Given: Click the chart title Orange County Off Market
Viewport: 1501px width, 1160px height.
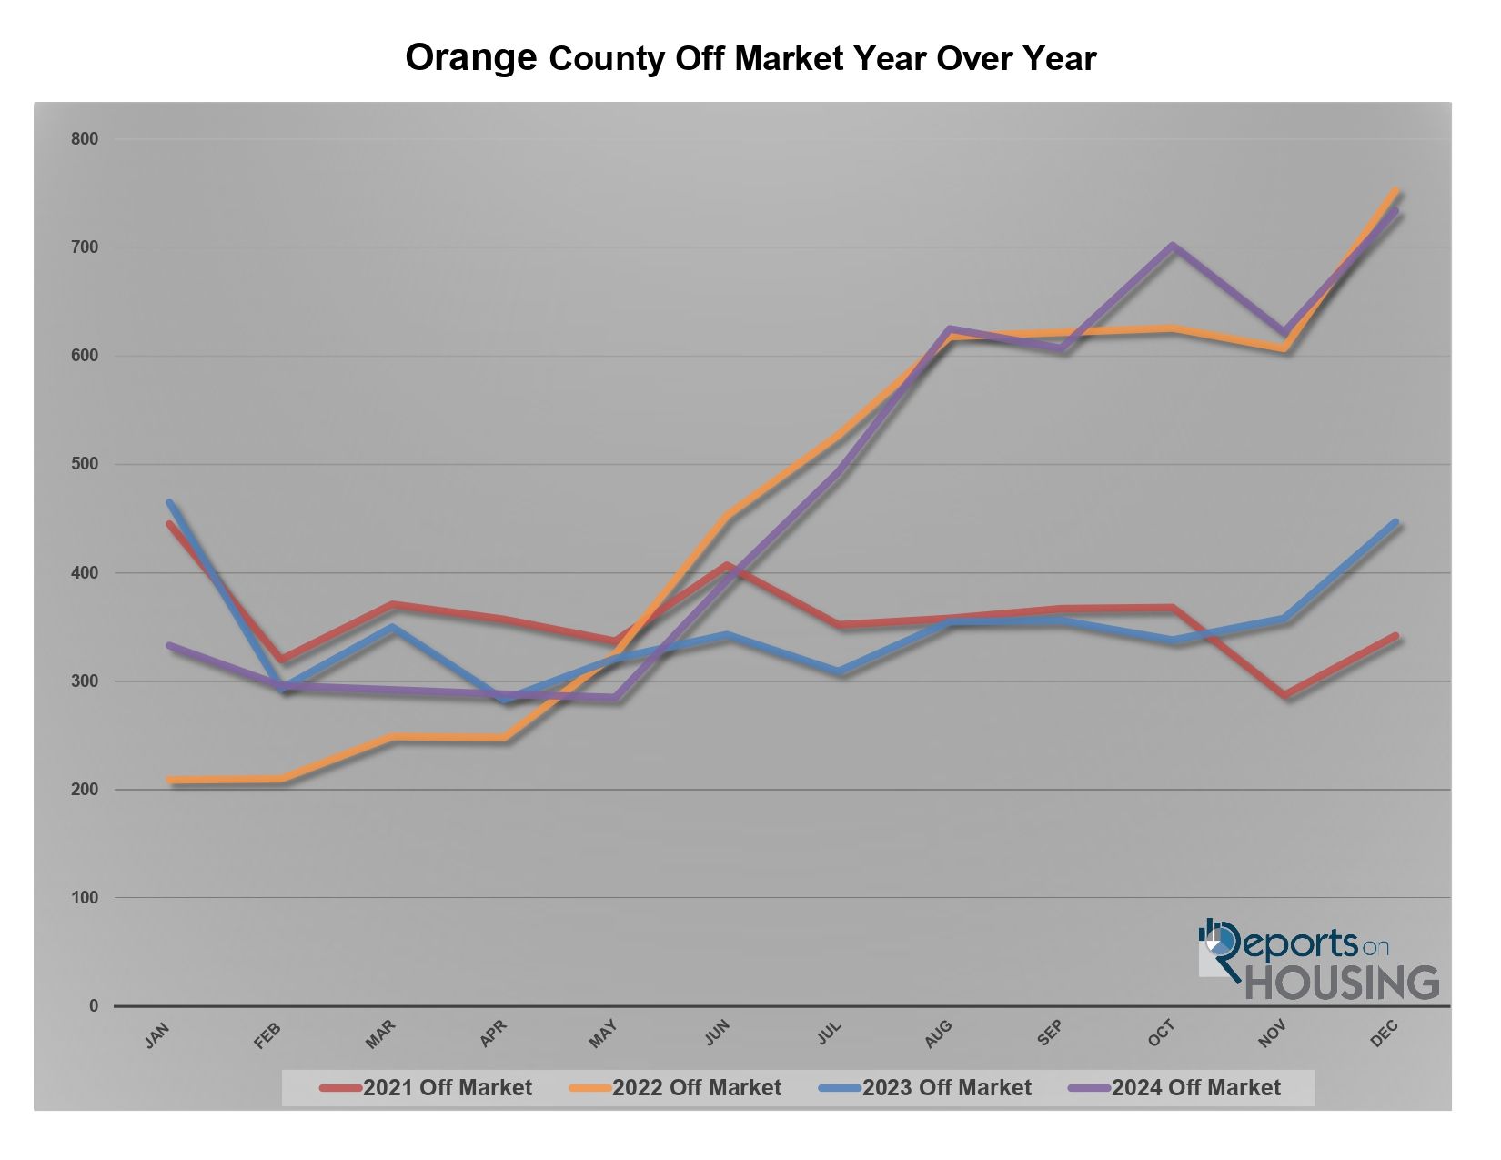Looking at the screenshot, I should coord(750,57).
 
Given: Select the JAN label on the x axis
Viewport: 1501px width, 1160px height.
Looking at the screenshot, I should coord(157,1034).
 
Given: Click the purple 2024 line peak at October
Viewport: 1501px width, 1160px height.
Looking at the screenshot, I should coord(1173,246).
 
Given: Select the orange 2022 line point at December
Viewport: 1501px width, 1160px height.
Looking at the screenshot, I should coord(1395,191).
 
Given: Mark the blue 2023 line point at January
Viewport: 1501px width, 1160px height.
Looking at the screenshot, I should coord(169,502).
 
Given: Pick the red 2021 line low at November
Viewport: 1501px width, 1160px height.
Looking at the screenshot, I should coord(1285,696).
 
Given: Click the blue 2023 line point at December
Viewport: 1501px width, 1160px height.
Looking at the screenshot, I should coord(1395,523).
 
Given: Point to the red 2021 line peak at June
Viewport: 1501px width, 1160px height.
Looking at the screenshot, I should coord(727,566).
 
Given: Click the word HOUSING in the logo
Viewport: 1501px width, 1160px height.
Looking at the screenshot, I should coord(1342,983).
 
